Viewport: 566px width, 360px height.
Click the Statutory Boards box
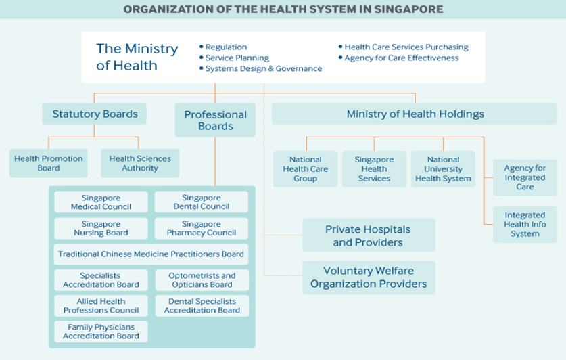[x=95, y=114]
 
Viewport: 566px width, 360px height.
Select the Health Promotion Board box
[x=49, y=163]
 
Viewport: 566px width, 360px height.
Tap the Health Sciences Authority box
[x=140, y=163]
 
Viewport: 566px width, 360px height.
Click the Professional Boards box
[x=216, y=120]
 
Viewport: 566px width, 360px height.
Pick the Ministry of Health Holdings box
[x=415, y=114]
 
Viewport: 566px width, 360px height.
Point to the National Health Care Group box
[x=305, y=169]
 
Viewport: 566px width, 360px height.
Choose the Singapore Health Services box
[x=374, y=169]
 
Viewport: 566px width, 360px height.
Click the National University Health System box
[x=443, y=169]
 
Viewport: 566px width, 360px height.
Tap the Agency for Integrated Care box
[x=525, y=177]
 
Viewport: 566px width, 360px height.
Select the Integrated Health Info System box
[x=525, y=224]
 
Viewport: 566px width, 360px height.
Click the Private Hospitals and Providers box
[x=368, y=235]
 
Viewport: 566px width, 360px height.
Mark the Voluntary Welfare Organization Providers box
[x=369, y=277]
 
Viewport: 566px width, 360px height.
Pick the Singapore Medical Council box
[x=101, y=202]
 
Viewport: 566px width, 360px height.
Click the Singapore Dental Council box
[x=202, y=202]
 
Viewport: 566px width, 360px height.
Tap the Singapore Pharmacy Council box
[x=202, y=228]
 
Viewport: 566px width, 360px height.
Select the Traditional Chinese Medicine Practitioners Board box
[x=151, y=254]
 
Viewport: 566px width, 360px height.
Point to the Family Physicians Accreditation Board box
[x=101, y=332]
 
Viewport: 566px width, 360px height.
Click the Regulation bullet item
[x=226, y=47]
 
